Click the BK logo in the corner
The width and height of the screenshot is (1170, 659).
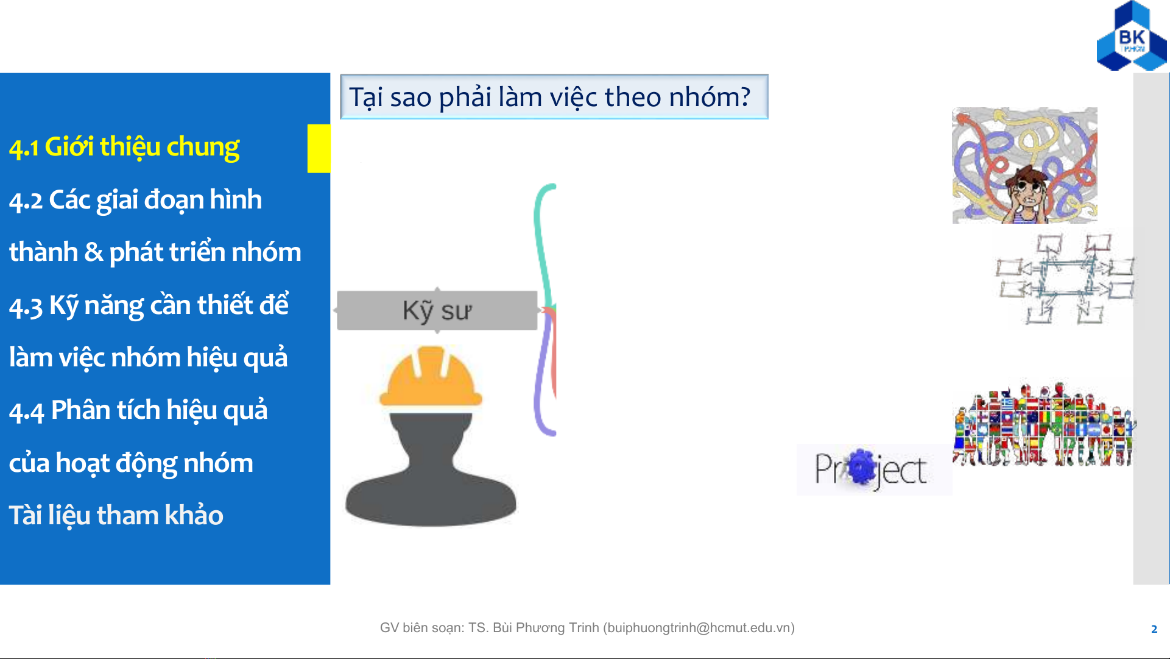pos(1132,37)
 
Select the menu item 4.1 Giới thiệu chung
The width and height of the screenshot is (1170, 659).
pos(124,148)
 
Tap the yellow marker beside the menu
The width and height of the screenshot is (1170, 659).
pos(319,148)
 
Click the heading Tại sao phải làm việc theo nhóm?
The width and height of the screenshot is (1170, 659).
pos(549,97)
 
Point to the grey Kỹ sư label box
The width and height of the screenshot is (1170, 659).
pos(437,310)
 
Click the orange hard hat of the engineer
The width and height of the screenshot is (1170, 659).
pos(431,376)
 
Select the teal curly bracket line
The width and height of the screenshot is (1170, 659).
pos(544,244)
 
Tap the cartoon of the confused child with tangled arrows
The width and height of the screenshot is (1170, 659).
pos(1024,165)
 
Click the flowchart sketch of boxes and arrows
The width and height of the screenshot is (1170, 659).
pos(1064,279)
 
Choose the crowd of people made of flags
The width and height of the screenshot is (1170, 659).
pos(1044,424)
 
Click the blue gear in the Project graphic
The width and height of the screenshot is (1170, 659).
pos(861,467)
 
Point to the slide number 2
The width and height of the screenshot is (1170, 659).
pos(1154,629)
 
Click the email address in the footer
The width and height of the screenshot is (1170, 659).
pos(699,628)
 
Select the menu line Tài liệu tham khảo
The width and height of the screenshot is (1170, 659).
pos(116,516)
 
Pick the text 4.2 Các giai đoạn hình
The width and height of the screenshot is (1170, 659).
pos(135,201)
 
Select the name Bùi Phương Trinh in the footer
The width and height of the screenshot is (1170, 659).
pos(546,628)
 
